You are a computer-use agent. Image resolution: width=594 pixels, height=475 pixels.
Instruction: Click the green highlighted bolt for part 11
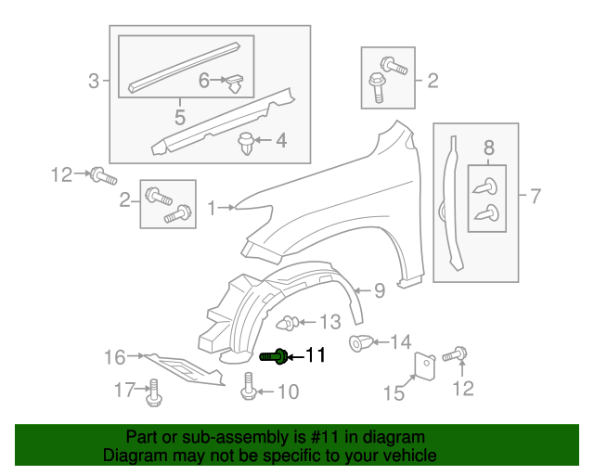273,355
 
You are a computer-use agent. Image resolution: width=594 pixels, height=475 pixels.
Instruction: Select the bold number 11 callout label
316,355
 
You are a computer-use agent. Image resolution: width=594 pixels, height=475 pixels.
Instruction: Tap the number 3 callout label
93,82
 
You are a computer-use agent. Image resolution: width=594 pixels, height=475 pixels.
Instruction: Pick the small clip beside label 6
238,83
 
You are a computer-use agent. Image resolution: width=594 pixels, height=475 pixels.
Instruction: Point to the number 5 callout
179,117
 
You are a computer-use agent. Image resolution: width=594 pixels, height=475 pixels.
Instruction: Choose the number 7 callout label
535,195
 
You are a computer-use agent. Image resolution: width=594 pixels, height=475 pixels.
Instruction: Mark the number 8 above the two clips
489,146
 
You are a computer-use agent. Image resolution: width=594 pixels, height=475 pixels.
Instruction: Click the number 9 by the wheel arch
379,291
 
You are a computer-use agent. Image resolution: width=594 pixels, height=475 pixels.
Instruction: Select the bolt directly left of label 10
249,387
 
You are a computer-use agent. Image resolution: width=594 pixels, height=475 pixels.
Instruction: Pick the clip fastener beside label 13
289,324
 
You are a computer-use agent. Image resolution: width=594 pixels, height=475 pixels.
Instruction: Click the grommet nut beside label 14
359,343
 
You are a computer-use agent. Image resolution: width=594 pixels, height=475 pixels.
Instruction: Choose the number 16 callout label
114,355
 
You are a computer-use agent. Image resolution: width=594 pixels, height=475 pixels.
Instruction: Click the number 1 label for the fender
212,209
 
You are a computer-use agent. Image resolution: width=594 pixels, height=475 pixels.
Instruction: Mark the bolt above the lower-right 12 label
457,353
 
